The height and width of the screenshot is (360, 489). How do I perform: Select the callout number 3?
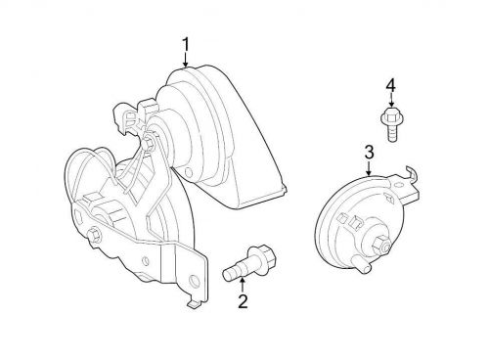point(369,152)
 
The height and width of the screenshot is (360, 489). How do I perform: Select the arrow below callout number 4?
point(390,101)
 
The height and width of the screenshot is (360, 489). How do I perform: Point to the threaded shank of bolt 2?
point(235,268)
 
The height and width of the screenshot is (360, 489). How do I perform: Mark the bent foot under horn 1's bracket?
point(192,304)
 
